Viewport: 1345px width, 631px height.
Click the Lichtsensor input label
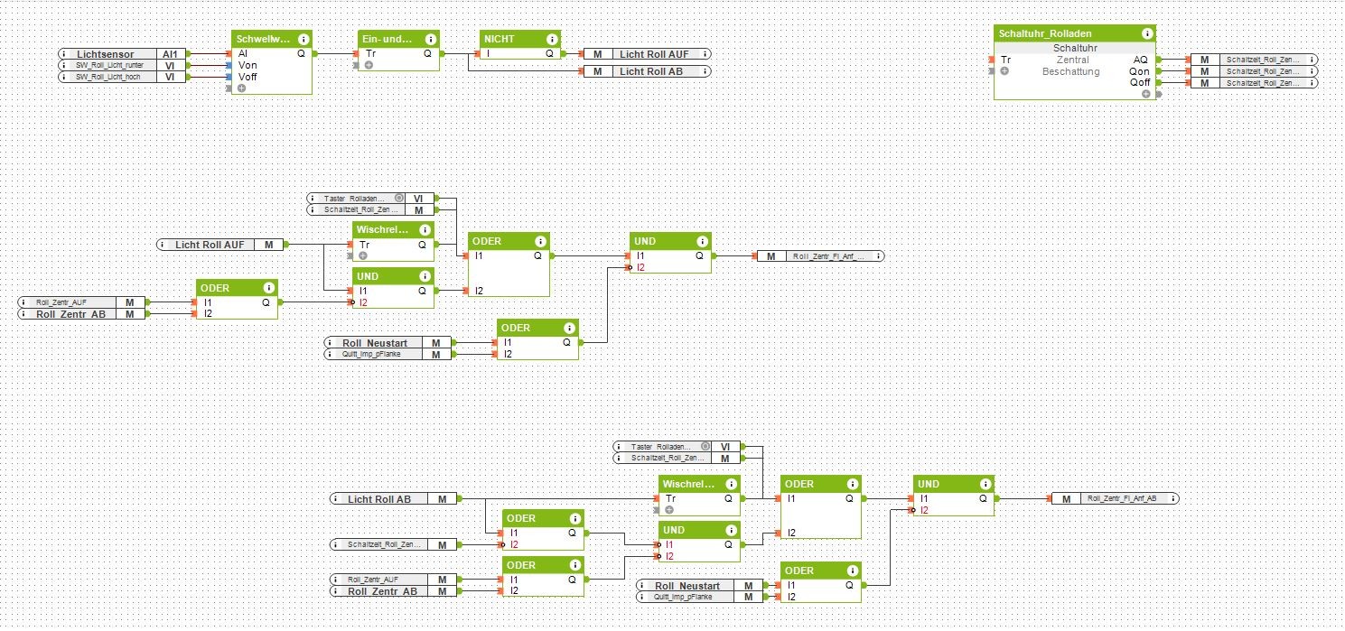pos(105,54)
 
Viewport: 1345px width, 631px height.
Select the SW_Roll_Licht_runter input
pos(108,66)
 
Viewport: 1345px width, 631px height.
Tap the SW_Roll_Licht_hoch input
pos(108,78)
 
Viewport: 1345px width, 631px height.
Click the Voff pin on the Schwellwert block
pos(248,77)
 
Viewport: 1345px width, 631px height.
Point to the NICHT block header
pos(511,39)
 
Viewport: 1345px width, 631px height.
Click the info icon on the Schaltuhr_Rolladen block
pos(1146,33)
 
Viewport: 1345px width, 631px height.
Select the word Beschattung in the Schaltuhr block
pos(1072,71)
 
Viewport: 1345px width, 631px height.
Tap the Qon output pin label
pos(1139,71)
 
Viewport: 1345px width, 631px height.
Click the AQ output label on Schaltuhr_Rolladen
pos(1141,60)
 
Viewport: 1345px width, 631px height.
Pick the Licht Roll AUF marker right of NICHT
pos(653,54)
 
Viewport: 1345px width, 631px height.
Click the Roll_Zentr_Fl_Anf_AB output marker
pos(1121,498)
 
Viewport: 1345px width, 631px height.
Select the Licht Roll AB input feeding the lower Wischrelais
pos(379,498)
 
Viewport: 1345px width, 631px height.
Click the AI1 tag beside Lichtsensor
pos(170,54)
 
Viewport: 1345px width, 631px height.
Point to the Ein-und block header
pos(388,39)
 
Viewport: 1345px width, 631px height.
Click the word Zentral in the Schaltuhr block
pos(1072,60)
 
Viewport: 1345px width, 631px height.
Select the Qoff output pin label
pos(1139,83)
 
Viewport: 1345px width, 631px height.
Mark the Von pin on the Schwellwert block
pos(248,65)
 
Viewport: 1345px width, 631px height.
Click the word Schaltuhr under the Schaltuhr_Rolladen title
pos(1074,48)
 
